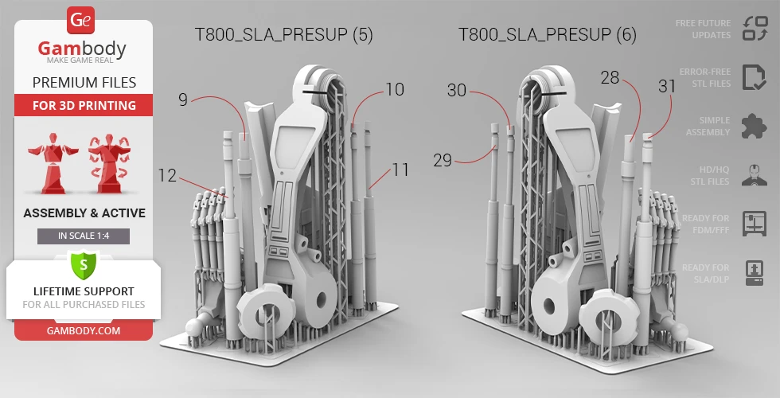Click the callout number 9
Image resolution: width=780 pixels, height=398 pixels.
[183, 99]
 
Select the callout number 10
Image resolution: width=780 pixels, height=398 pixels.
[395, 89]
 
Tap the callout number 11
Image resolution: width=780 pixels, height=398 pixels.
[400, 170]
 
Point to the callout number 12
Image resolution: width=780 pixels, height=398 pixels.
[167, 175]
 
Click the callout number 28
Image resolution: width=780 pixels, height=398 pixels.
[610, 78]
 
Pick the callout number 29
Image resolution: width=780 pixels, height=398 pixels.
[443, 160]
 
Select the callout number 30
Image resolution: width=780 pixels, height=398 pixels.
[457, 90]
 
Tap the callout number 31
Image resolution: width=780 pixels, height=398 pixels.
[667, 87]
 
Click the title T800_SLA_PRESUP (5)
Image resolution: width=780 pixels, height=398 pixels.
[283, 34]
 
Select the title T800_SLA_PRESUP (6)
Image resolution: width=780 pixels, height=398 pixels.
[548, 34]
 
